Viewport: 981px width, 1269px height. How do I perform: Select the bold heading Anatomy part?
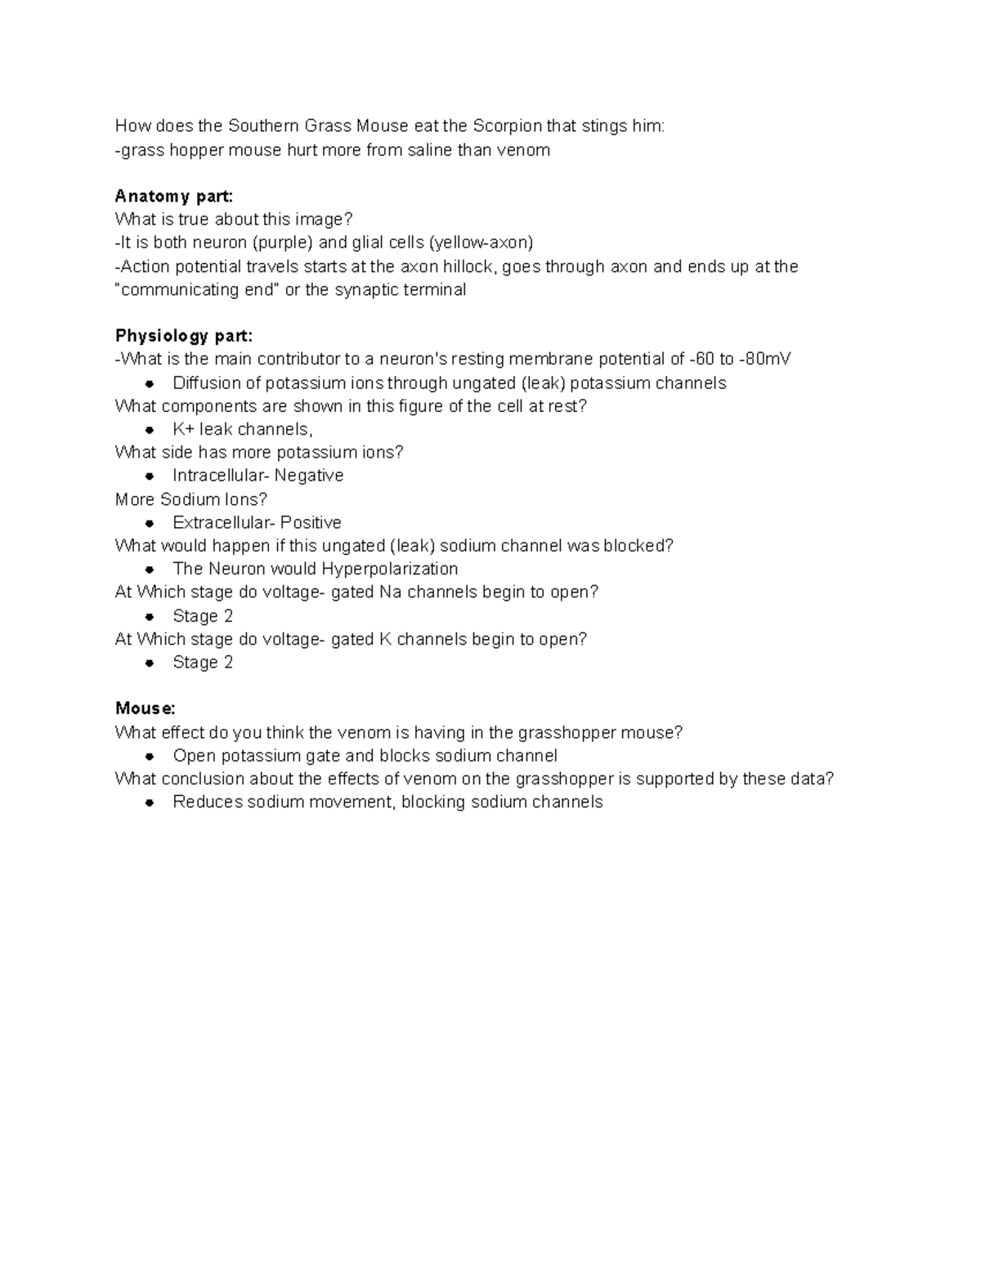[x=174, y=196]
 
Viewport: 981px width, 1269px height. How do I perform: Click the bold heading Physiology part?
[x=184, y=336]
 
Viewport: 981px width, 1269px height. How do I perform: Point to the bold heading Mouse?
[x=146, y=708]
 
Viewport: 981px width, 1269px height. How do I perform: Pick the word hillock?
[x=467, y=266]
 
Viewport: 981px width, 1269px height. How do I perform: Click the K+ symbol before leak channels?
[x=183, y=430]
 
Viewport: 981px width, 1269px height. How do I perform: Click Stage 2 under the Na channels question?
[x=203, y=616]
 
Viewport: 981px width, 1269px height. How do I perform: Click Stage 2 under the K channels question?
[x=203, y=663]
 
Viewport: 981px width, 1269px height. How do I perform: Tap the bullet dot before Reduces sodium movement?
[x=150, y=803]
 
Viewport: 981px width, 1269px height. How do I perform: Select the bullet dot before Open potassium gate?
[x=150, y=757]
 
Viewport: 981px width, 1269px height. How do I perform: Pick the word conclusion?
[x=202, y=779]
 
